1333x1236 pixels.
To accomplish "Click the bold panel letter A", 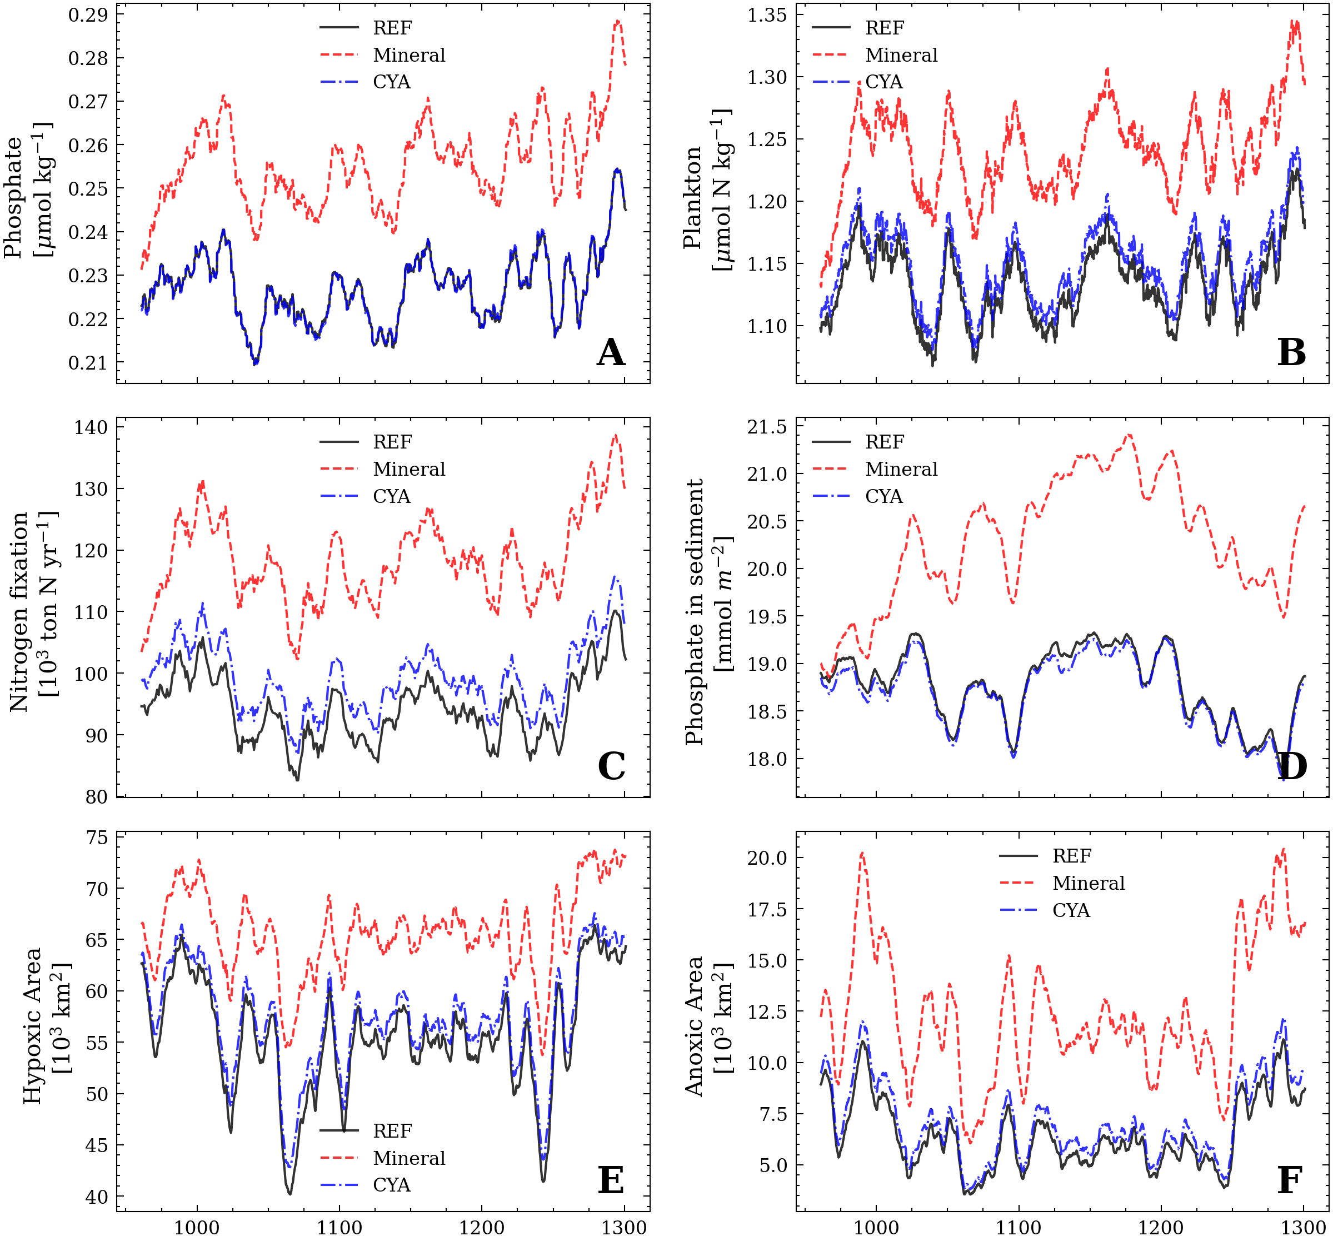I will point(610,352).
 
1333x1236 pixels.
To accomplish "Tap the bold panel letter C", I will point(611,766).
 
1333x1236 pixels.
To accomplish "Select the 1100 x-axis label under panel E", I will point(339,1227).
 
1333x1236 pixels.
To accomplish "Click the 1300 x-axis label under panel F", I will point(1304,1227).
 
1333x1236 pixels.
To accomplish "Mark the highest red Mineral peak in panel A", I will point(617,22).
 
